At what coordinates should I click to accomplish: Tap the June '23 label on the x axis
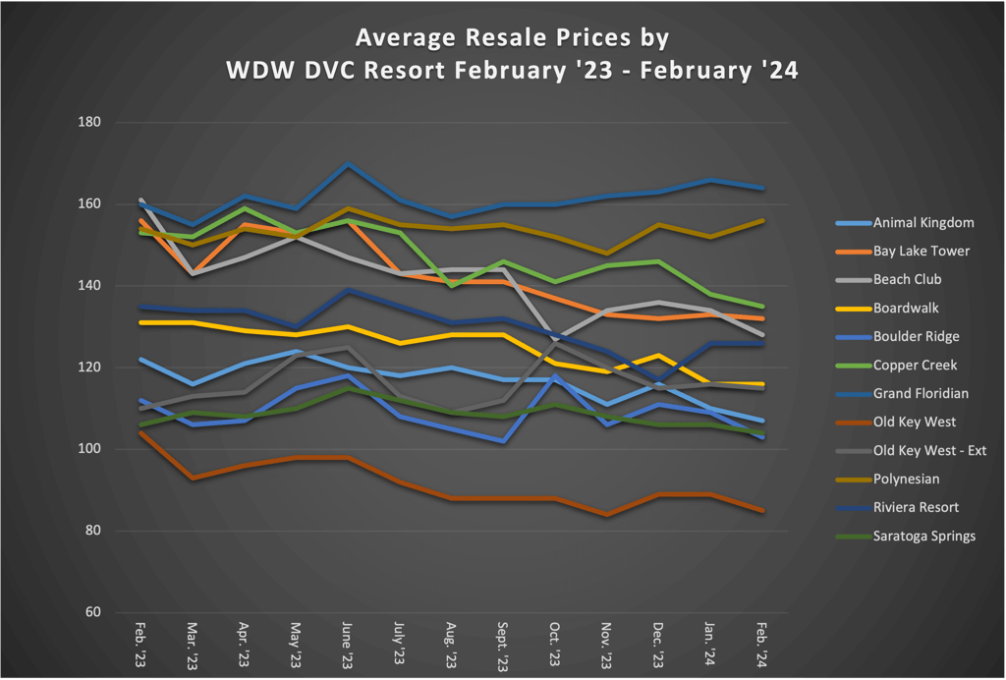tap(347, 645)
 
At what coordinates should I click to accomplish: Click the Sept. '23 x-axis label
tap(502, 645)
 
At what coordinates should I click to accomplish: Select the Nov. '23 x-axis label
tap(606, 645)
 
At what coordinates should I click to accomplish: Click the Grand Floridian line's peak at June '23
tap(347, 163)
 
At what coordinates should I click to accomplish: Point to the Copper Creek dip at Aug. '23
tap(451, 286)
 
